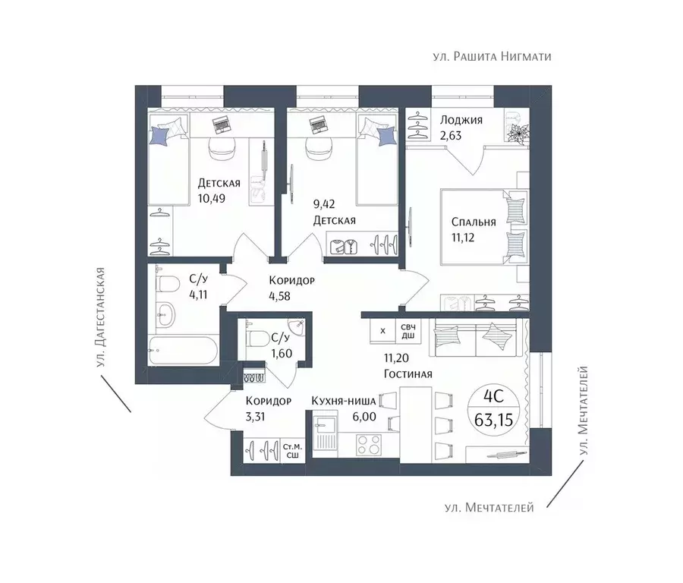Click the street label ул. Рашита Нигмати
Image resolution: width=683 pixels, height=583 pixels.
[493, 57]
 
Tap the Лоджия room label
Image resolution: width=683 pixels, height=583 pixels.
[461, 120]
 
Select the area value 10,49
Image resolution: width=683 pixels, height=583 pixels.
[211, 199]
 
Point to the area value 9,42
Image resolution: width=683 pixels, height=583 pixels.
[324, 203]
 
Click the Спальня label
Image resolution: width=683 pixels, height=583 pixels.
[474, 222]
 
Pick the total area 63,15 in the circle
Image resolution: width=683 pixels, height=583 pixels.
[493, 420]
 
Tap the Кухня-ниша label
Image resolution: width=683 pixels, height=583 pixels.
[344, 401]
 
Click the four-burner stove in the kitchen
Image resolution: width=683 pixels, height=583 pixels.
[369, 446]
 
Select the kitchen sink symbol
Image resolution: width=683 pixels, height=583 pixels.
[325, 435]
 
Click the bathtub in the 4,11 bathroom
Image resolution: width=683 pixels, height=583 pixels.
[184, 350]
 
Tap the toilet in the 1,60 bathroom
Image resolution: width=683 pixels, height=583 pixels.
[257, 336]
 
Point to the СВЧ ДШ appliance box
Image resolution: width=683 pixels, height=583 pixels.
[408, 331]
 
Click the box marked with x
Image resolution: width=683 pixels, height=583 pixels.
[382, 331]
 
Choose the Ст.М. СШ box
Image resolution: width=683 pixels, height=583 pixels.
[292, 451]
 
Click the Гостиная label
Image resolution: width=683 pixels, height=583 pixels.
[408, 373]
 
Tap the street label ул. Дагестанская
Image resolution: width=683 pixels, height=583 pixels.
[101, 317]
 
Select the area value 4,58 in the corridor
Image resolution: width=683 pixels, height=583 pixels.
[279, 296]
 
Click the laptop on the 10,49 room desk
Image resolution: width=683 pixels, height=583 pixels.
[223, 125]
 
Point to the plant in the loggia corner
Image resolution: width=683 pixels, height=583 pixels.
[518, 131]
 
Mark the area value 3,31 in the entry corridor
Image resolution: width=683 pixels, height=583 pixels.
[255, 417]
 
